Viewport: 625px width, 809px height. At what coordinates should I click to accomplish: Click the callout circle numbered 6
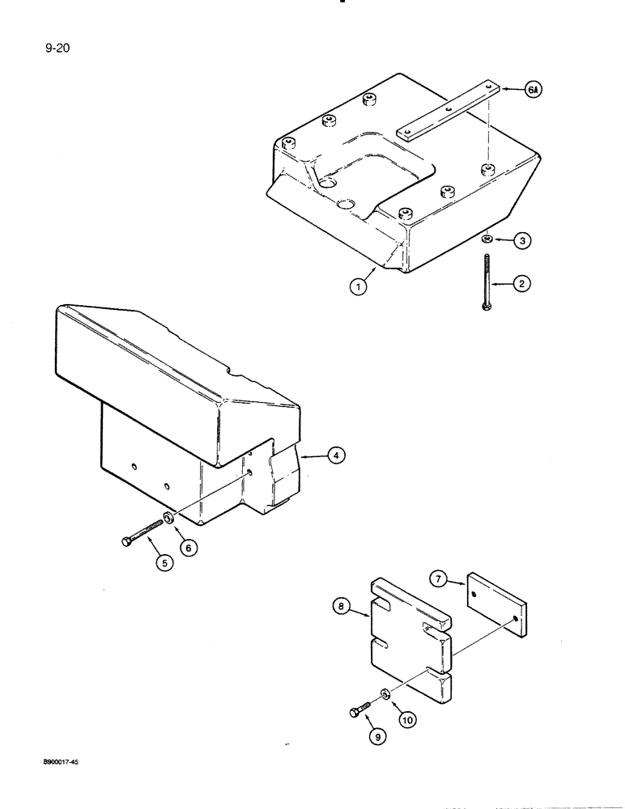(x=188, y=548)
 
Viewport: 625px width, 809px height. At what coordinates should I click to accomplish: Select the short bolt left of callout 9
(x=360, y=708)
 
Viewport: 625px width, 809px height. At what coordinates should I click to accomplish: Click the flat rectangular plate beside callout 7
(x=497, y=602)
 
